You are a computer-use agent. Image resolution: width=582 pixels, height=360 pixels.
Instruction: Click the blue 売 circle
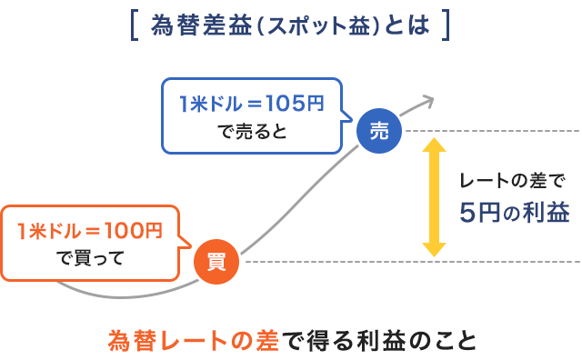pos(379,131)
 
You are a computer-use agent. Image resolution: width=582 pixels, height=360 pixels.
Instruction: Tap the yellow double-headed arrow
pos(435,196)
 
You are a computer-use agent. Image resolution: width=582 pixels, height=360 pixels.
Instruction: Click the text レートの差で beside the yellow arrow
pos(512,180)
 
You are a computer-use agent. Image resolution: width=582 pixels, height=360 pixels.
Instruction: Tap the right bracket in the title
pos(446,25)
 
